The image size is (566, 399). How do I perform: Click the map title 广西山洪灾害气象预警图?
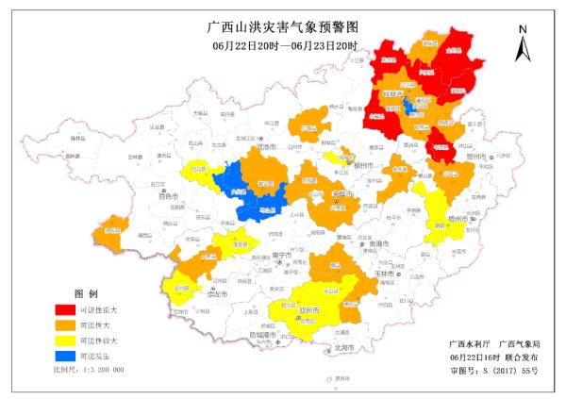(283, 27)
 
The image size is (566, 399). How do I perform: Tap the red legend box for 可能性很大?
(64, 308)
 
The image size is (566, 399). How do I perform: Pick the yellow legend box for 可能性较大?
(64, 341)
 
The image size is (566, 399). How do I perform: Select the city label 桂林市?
(391, 96)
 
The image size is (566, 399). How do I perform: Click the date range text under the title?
(283, 46)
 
